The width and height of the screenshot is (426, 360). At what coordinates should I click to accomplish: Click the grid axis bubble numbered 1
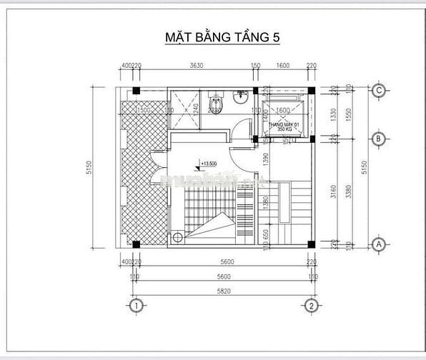(x=136, y=306)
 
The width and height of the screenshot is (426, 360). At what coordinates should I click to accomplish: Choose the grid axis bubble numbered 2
(x=312, y=306)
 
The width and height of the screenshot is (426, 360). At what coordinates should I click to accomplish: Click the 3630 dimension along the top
(x=196, y=66)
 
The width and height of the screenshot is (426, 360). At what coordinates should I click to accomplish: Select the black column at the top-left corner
(x=136, y=90)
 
